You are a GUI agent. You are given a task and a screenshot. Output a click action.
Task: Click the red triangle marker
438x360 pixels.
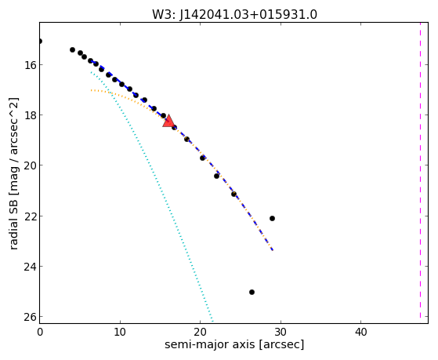coord(168,121)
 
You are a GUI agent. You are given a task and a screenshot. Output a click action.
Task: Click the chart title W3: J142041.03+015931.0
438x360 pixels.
coord(234,15)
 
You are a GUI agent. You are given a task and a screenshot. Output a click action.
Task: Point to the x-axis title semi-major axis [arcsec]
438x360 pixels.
coord(234,344)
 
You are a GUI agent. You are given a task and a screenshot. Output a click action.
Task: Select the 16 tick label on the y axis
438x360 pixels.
coord(29,65)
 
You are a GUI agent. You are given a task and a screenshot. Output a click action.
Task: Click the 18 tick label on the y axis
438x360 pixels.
coord(29,115)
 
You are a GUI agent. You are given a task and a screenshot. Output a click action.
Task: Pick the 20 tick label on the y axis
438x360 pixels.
coord(29,165)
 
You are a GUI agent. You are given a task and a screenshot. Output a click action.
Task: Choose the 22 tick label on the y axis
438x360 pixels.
coord(29,216)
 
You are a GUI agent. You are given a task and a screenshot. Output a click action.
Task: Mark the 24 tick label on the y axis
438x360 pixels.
coord(29,267)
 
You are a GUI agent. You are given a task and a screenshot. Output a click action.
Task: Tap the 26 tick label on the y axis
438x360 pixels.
coord(29,317)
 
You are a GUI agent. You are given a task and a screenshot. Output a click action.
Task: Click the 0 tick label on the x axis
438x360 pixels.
coord(40,332)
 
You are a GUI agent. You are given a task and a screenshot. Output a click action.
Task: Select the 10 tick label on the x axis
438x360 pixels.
coord(120,332)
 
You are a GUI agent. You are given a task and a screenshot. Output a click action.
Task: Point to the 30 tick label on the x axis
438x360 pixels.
coord(281,332)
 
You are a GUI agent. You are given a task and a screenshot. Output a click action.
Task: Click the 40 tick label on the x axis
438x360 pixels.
coord(360,332)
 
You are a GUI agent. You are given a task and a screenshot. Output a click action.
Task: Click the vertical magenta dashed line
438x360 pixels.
coord(420,170)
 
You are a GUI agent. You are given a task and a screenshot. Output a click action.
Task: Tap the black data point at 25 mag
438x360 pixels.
coord(252,292)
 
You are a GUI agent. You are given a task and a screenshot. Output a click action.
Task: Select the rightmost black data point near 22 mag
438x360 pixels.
coord(272,218)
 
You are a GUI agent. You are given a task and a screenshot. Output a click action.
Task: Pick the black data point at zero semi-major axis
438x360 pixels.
coord(40,41)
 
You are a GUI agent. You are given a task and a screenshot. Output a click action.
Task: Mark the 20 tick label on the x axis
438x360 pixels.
coord(200,332)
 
